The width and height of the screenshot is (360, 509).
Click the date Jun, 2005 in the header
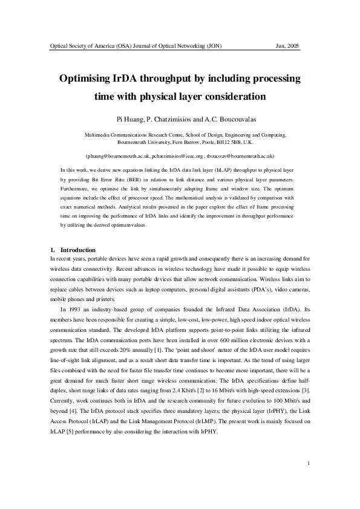[x=287, y=46]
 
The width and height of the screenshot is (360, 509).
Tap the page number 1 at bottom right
[x=309, y=481]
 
